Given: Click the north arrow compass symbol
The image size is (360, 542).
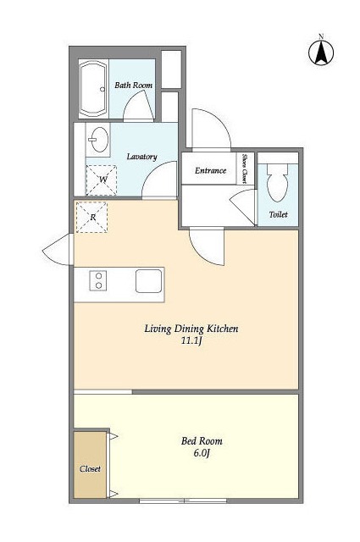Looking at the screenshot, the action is pos(321,53).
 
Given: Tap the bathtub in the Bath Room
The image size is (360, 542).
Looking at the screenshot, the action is pos(93,89).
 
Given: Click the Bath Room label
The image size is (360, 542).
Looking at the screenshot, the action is pos(134,85).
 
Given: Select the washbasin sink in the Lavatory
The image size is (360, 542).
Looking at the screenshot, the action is pos(98,140).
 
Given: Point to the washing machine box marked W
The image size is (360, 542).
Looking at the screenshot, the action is pos(102,180).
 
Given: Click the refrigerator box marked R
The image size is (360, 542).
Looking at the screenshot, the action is pos(92,218).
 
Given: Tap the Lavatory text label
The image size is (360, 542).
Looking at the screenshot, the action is pos(141,157).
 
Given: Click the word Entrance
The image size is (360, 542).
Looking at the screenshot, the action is pos(210,170).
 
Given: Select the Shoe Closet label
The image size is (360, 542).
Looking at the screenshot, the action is pos(245,169).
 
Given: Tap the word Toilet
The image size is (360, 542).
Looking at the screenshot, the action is pos(279,214).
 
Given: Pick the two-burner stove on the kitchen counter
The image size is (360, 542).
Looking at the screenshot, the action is pos(98,280).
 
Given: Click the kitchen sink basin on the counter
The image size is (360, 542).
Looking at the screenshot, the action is pos(149,281).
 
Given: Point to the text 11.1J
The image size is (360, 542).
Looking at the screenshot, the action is pos(191,340).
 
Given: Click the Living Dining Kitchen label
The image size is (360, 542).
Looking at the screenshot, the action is pos(191,329).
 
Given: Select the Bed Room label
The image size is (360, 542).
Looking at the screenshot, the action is pos(202,440).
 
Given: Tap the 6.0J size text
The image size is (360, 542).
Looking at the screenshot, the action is pos(202,453).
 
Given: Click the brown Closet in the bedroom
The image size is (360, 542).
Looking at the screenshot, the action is pos(90,465).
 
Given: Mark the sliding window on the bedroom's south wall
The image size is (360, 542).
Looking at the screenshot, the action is pos(183,501).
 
